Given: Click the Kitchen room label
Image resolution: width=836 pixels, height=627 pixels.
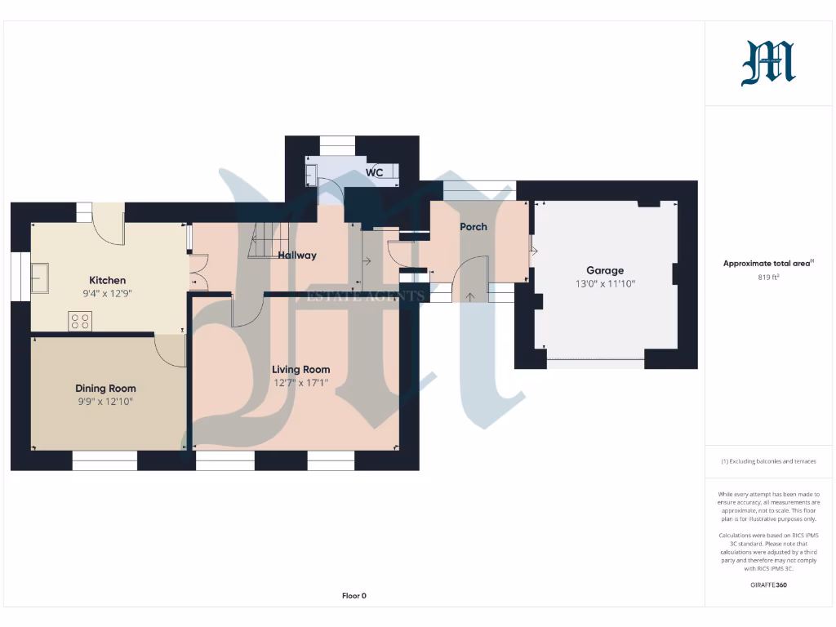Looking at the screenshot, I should click(x=107, y=280).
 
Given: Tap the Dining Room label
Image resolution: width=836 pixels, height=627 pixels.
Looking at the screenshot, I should click(x=105, y=389).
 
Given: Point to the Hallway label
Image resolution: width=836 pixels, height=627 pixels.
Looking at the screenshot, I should click(x=297, y=255).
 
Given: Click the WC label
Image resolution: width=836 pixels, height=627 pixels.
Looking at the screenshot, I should click(x=374, y=173).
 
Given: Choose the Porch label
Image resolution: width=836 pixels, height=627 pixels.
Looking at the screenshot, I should click(x=474, y=226).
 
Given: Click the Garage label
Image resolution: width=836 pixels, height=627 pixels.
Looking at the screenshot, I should click(x=604, y=270).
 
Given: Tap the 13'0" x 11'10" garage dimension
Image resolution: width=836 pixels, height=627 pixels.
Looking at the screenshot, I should click(x=604, y=283).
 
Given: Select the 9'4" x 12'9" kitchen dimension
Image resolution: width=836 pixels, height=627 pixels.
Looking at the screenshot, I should click(x=107, y=293).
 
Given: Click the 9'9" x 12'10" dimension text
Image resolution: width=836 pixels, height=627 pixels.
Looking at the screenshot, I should click(x=105, y=402).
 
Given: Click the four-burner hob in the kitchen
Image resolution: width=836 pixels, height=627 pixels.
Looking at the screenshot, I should click(x=80, y=321).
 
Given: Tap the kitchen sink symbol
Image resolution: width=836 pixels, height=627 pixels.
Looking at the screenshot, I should click(x=40, y=278).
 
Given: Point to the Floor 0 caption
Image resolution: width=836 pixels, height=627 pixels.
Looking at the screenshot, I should click(x=354, y=596).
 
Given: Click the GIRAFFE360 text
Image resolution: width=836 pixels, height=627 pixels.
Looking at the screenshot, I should click(x=769, y=585).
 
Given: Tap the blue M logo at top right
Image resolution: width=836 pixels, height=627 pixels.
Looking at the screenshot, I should click(x=768, y=64).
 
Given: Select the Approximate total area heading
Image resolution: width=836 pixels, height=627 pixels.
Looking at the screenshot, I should click(x=768, y=263).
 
